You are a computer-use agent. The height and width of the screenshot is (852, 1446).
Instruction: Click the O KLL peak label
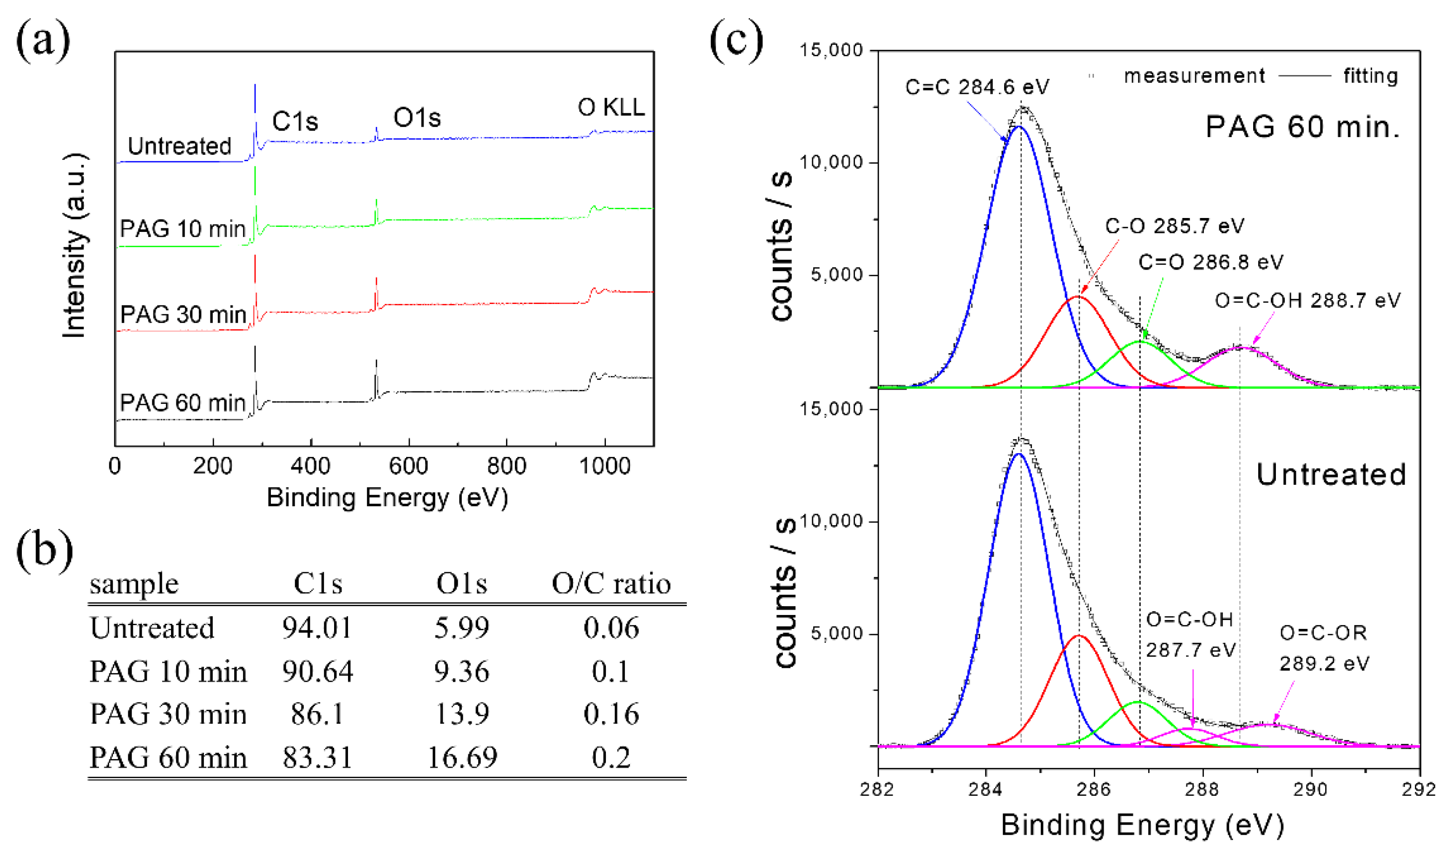pos(611,107)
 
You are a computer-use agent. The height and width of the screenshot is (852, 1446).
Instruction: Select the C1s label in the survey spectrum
pos(295,121)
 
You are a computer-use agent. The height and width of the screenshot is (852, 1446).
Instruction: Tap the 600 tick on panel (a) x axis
pos(408,466)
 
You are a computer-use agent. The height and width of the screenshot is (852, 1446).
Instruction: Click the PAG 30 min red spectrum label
pos(183,315)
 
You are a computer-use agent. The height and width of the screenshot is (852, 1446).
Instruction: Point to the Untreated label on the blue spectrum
pos(179,146)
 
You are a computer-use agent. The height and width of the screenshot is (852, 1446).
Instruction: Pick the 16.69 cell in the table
pos(462,757)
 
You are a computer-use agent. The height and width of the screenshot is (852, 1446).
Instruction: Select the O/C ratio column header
pos(611,584)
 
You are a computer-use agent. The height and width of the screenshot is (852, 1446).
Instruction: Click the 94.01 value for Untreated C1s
pos(317,627)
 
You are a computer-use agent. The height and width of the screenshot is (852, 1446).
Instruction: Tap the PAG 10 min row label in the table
pos(168,671)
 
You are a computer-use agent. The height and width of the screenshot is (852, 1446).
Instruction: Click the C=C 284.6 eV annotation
pos(977,87)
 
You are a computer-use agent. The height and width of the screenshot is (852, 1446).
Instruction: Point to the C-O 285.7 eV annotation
pos(1175,226)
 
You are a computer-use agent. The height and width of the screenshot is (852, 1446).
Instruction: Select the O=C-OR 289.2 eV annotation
pos(1324,648)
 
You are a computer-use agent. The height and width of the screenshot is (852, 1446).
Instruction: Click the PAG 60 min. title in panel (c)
pos(1302,127)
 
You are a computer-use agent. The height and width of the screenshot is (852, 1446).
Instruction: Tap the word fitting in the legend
pos(1370,76)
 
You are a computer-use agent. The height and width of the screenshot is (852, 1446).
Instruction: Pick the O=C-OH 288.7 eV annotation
pos(1307,300)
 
